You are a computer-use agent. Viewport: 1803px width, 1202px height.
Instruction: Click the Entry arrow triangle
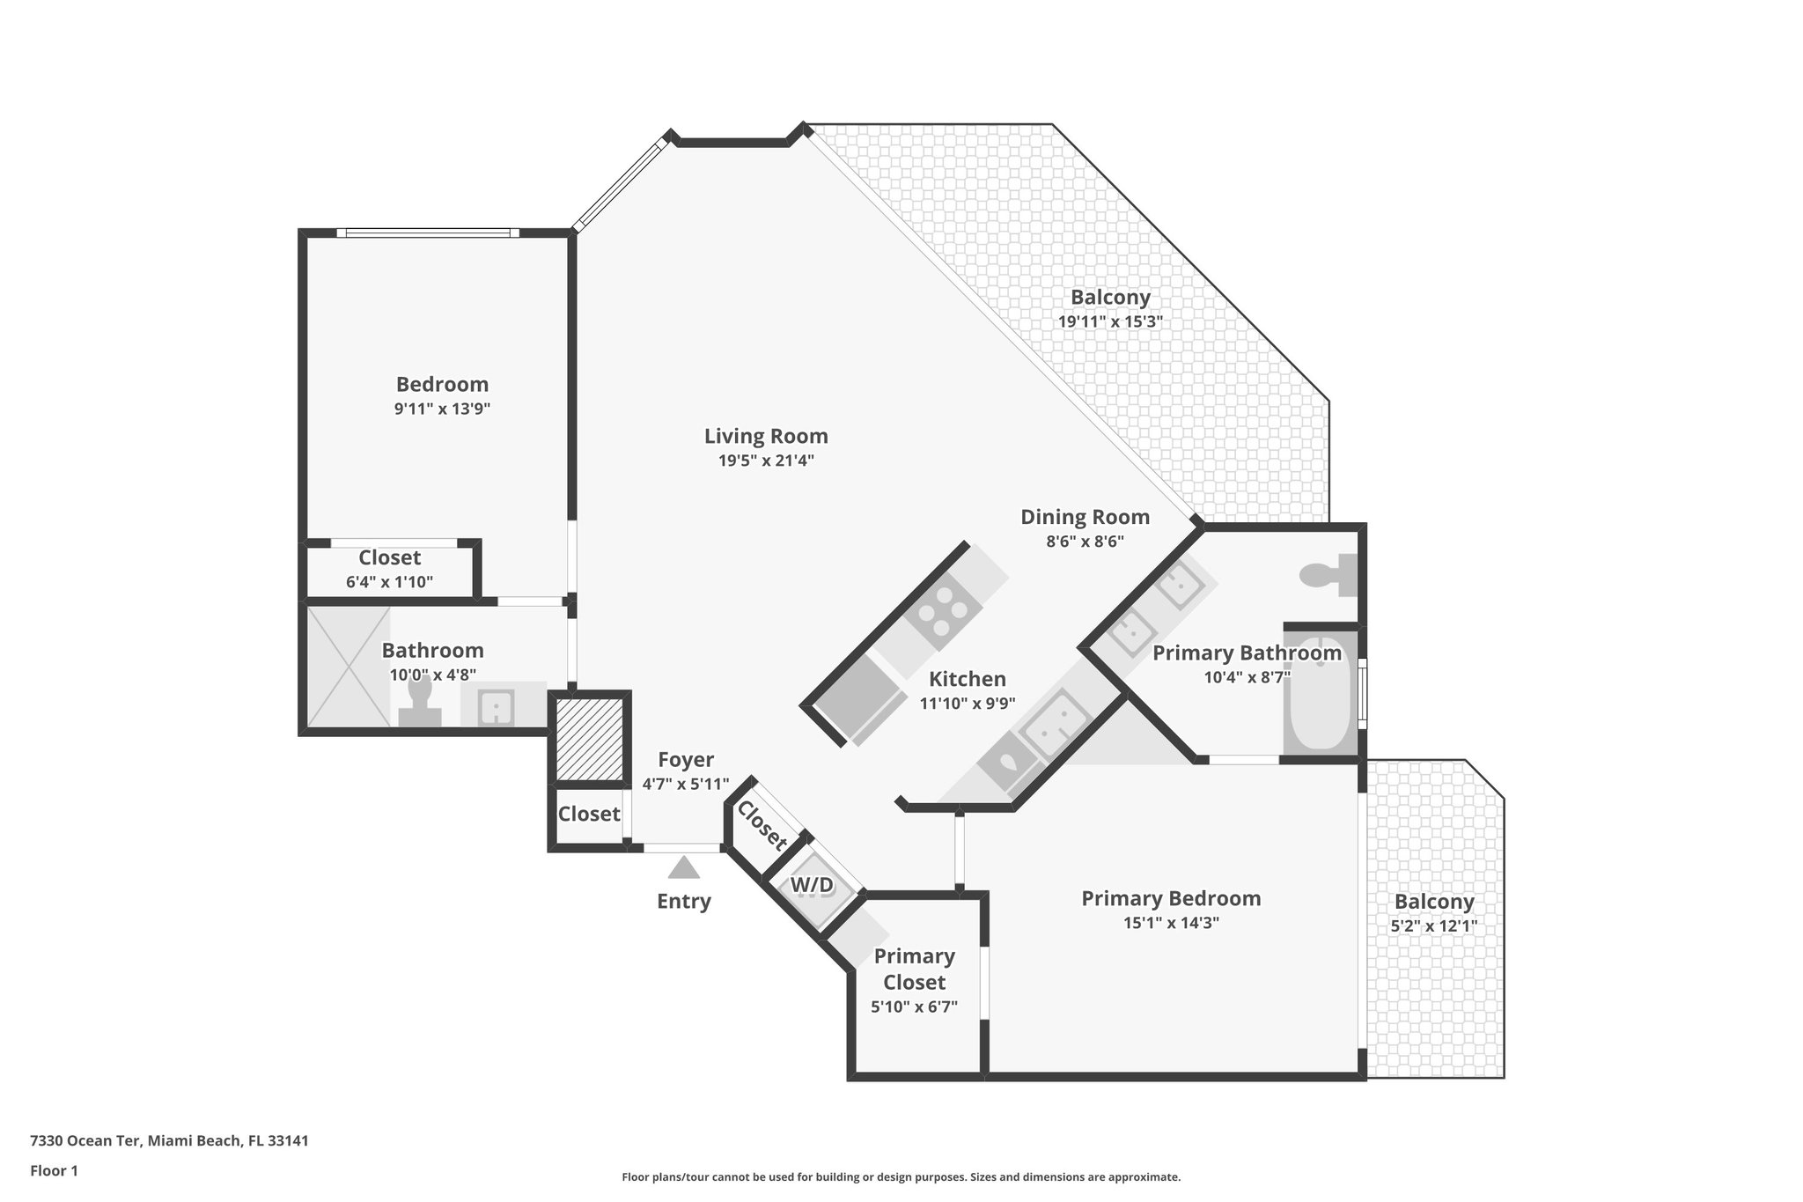[683, 868]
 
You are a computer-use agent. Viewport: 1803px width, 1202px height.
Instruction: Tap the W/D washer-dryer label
[812, 885]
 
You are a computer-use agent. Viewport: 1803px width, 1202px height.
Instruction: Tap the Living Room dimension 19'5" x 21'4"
[766, 460]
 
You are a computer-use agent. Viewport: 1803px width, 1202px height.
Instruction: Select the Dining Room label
[1085, 517]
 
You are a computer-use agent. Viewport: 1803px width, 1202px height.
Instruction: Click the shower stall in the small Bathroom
[348, 666]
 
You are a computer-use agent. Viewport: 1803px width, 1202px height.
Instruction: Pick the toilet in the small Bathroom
[420, 702]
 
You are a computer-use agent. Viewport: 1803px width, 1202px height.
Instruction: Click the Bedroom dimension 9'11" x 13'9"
[442, 409]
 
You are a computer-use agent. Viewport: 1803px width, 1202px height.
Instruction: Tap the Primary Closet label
[915, 969]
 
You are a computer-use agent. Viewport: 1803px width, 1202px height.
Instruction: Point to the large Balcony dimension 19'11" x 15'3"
[1110, 321]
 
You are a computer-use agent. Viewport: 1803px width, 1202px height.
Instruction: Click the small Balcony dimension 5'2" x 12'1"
[1433, 926]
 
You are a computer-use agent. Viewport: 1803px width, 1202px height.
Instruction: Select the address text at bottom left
[169, 1140]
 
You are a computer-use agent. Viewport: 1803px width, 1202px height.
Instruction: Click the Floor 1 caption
[55, 1170]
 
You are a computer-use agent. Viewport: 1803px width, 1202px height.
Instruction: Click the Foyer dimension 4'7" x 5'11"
[685, 784]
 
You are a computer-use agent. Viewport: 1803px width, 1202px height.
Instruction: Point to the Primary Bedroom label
[1171, 898]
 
